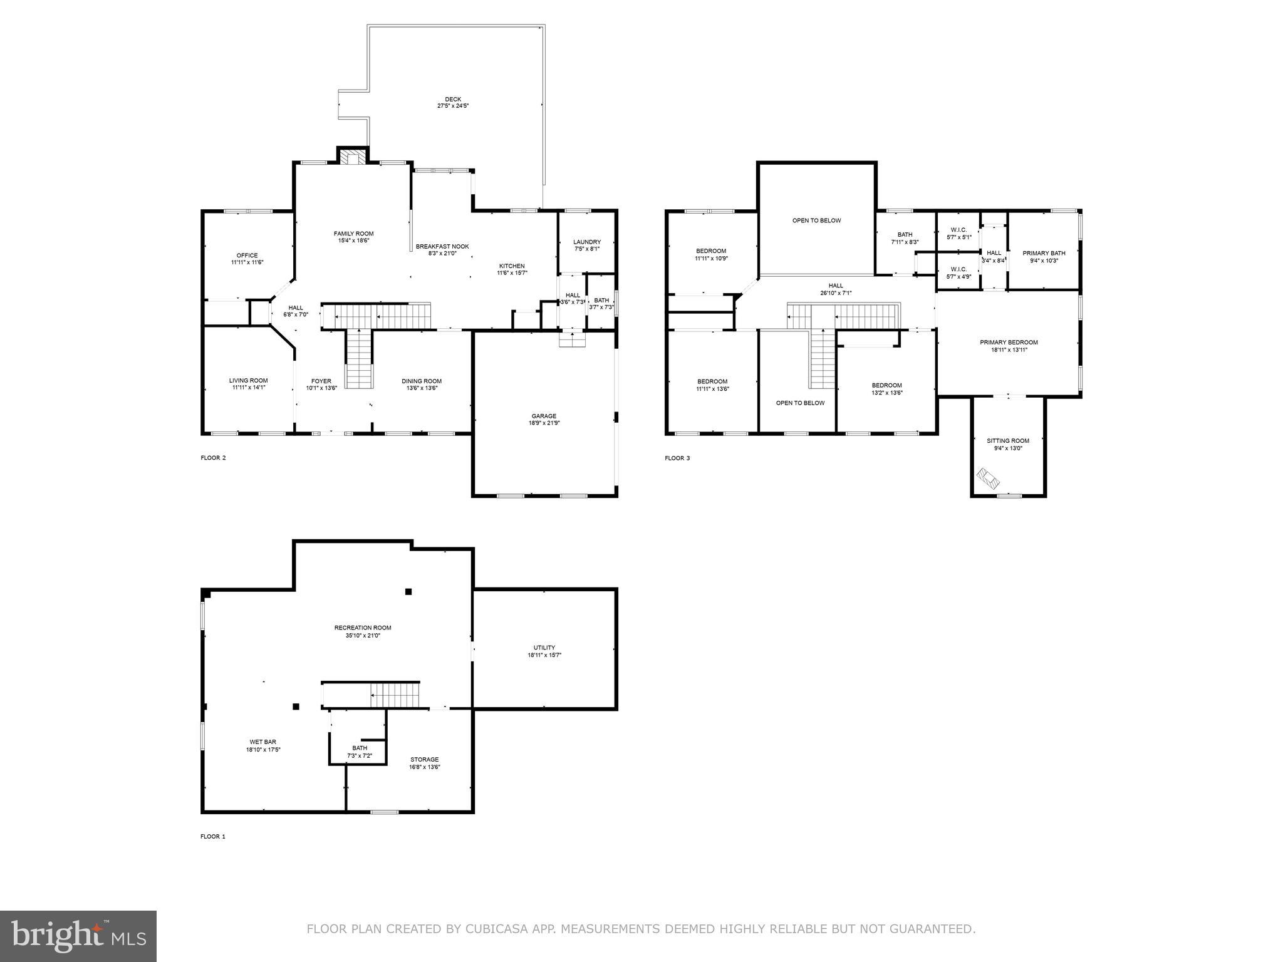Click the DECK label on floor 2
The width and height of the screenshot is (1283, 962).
[x=453, y=99]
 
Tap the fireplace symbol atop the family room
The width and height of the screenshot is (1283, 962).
[x=353, y=157]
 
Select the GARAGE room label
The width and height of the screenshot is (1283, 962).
[x=544, y=416]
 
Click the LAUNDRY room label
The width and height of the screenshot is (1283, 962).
[x=587, y=242]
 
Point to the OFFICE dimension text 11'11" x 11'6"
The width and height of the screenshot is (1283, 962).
[x=247, y=262]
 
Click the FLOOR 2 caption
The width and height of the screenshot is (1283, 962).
[x=213, y=458]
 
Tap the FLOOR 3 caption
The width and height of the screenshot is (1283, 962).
[x=677, y=458]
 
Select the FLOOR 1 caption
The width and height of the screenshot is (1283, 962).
[x=212, y=836]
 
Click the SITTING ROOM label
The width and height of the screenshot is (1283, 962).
[x=1008, y=440]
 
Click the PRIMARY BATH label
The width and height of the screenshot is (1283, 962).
[x=1044, y=253]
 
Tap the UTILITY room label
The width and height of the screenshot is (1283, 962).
[x=544, y=648]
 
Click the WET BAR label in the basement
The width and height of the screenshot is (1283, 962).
[x=262, y=742]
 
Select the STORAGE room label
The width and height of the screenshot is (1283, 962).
[x=425, y=759]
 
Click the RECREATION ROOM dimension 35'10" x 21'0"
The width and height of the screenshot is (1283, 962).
[x=363, y=635]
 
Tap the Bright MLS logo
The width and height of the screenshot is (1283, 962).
[x=78, y=936]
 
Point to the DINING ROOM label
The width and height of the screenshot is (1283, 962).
[x=422, y=381]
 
